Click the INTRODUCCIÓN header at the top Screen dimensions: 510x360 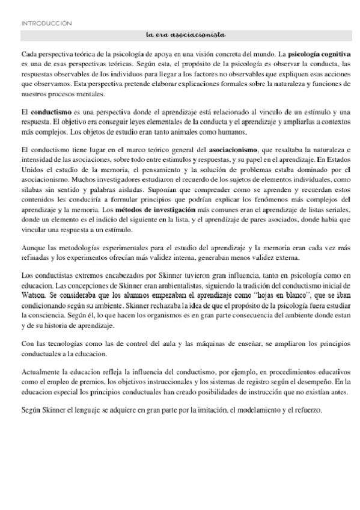coord(46,23)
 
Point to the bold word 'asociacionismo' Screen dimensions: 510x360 coord(234,148)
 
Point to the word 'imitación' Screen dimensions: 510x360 coord(208,411)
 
